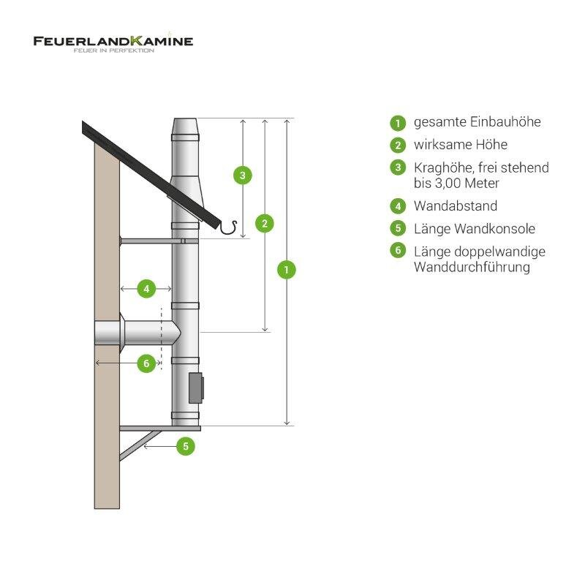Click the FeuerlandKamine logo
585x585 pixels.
[113, 43]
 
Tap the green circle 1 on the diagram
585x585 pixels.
[287, 269]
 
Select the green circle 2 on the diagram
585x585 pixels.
[265, 223]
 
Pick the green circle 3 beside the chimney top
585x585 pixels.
[242, 175]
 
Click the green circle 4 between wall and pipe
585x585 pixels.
[146, 289]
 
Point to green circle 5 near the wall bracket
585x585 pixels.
[186, 445]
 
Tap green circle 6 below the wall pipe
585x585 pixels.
[146, 363]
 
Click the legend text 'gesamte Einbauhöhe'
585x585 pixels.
[477, 122]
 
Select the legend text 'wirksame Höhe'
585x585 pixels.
[460, 145]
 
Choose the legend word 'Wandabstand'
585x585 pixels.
[455, 206]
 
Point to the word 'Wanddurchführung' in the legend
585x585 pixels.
[471, 268]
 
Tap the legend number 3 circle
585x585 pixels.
[398, 167]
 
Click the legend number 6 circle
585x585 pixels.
[398, 251]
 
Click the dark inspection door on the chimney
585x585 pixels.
[196, 388]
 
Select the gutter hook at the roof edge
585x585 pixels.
[233, 229]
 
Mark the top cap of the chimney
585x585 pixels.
[185, 129]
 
